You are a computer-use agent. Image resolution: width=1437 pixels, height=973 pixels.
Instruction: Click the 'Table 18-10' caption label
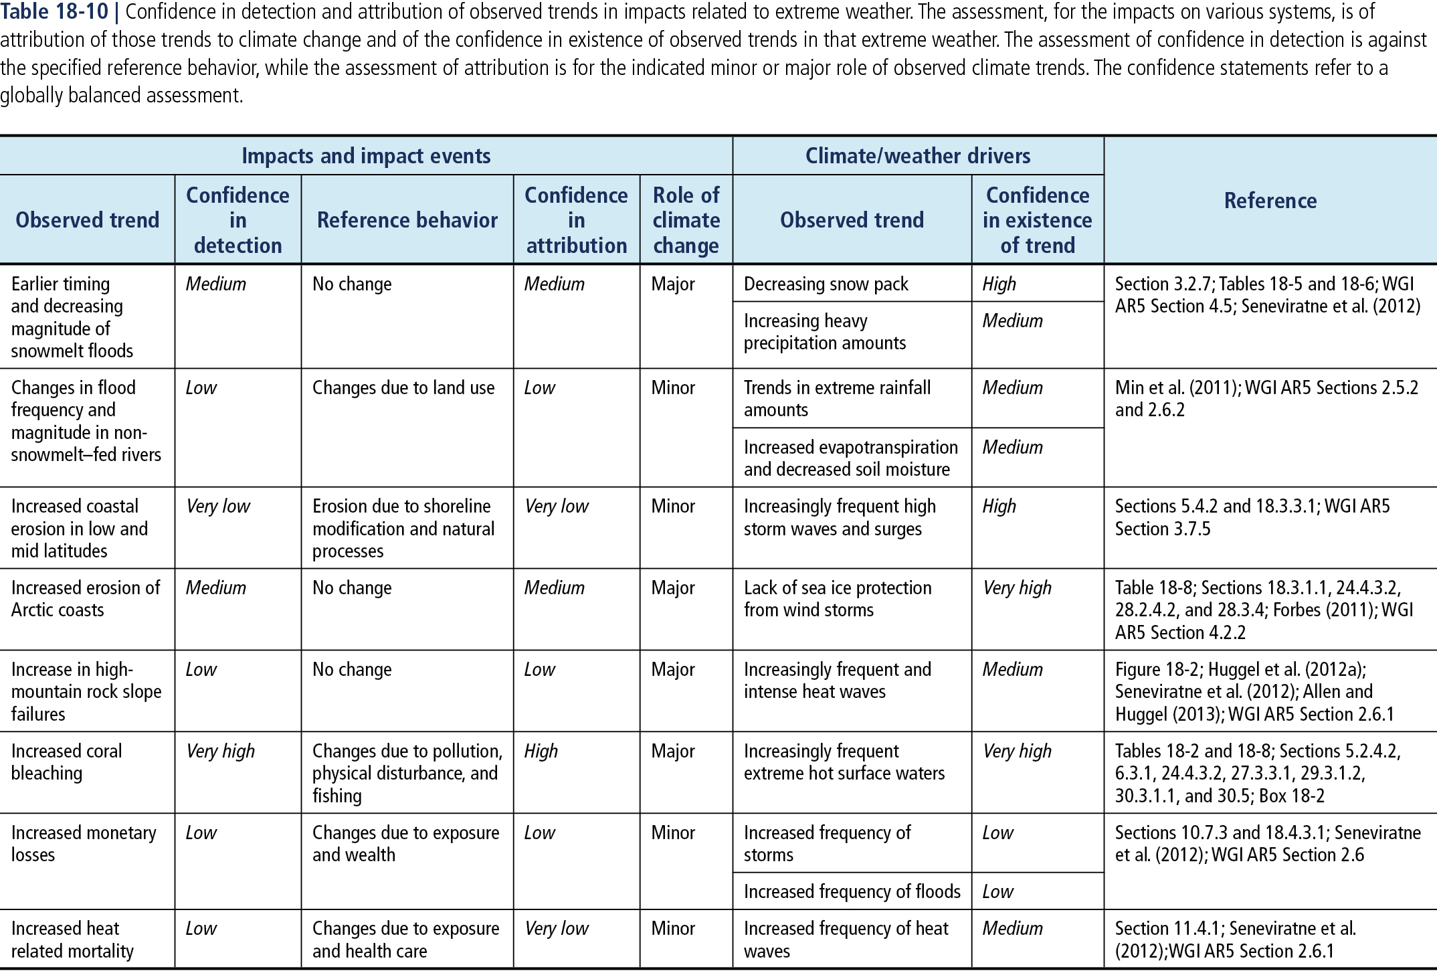(55, 11)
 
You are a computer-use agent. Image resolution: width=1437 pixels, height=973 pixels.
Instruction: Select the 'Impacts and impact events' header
(366, 156)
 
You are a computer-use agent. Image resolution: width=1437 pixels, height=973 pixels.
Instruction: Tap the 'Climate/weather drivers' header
(917, 156)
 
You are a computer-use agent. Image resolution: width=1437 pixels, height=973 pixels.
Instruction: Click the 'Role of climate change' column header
(686, 220)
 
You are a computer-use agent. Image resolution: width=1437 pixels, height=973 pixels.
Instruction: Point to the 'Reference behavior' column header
(407, 220)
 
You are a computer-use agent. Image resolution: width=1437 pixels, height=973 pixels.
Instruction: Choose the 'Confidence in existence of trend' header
(1037, 220)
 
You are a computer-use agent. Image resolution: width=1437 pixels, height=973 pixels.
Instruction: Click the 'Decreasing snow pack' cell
(826, 284)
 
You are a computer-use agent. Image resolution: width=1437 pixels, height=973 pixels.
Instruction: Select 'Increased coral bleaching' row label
(66, 762)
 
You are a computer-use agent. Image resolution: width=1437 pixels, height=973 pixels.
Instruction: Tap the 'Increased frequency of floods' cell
(852, 891)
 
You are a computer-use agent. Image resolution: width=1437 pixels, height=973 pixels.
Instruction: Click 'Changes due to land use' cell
(403, 388)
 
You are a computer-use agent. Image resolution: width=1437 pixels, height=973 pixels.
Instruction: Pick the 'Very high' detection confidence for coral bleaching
(220, 751)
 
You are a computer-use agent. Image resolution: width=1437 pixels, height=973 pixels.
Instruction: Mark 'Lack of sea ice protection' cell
(837, 599)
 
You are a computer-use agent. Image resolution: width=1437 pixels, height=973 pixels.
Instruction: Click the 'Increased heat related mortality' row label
(72, 940)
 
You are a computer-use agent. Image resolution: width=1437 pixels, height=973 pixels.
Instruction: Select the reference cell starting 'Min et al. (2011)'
(1266, 399)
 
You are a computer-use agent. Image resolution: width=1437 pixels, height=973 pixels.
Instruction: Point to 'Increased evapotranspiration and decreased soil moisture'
(850, 458)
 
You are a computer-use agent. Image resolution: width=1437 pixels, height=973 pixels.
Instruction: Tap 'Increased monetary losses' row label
(83, 844)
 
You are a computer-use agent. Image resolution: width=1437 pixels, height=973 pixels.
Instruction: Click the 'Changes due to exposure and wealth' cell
(405, 844)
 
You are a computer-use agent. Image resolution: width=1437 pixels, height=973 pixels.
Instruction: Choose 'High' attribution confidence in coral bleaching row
(541, 751)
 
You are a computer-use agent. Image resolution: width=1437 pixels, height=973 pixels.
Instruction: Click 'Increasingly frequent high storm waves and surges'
(839, 518)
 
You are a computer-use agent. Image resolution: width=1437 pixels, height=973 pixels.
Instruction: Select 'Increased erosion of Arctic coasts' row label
(85, 599)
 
